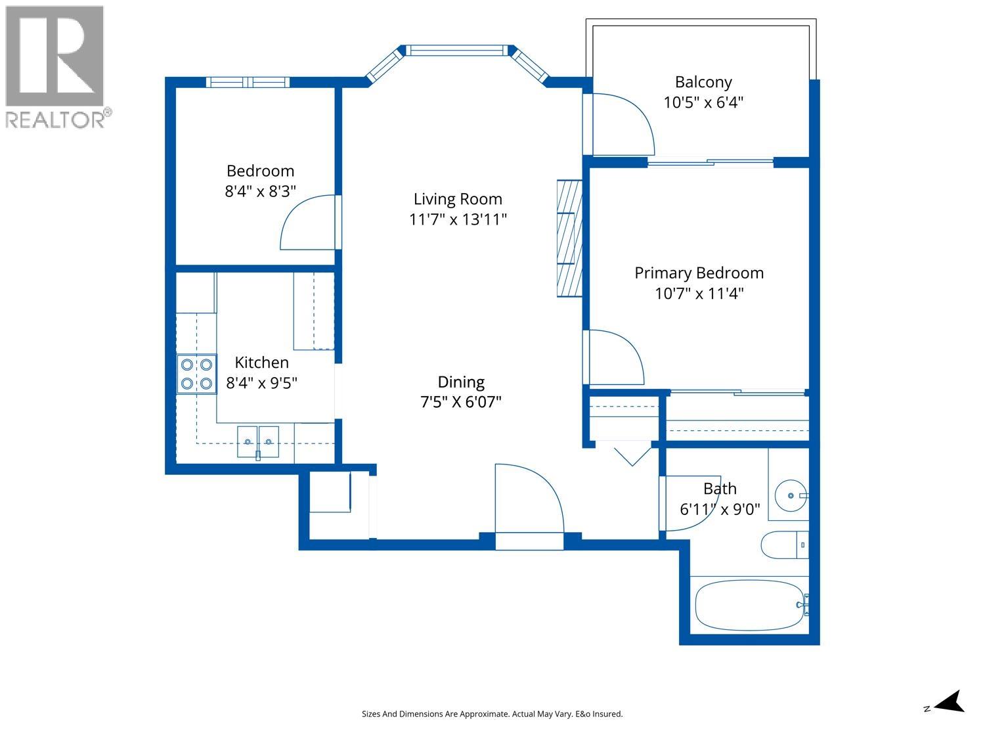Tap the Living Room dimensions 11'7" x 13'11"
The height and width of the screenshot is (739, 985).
pyautogui.click(x=458, y=219)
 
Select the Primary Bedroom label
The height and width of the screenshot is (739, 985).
pyautogui.click(x=699, y=273)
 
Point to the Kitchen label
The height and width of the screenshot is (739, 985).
pyautogui.click(x=261, y=362)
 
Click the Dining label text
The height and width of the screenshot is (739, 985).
pyautogui.click(x=461, y=382)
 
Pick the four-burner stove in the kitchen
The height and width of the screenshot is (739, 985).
pyautogui.click(x=196, y=374)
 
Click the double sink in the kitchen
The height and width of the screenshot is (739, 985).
pyautogui.click(x=258, y=442)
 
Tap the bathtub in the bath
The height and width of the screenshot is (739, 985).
pyautogui.click(x=749, y=605)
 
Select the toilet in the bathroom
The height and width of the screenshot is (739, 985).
pyautogui.click(x=785, y=545)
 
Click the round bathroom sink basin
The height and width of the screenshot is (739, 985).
pyautogui.click(x=791, y=496)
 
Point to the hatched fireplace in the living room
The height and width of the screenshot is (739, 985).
pyautogui.click(x=569, y=238)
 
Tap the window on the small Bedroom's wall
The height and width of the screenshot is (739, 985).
pyautogui.click(x=248, y=82)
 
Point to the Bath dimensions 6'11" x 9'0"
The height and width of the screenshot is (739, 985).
pyautogui.click(x=720, y=509)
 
